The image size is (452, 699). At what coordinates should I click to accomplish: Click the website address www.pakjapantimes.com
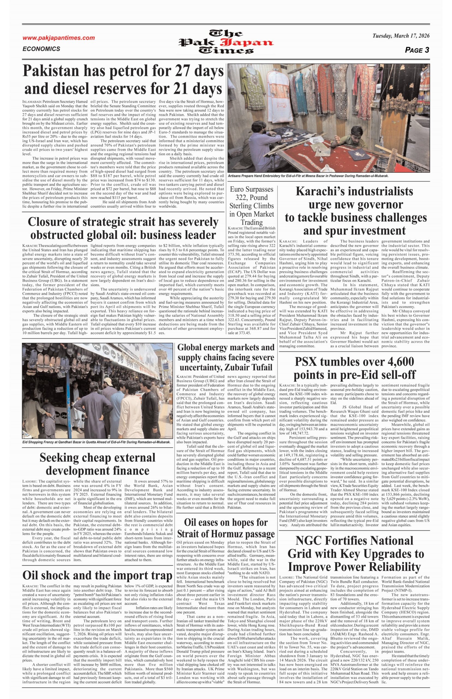[59, 38]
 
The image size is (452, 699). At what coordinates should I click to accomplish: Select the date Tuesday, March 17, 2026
[401, 36]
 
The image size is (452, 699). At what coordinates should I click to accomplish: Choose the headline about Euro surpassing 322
[252, 206]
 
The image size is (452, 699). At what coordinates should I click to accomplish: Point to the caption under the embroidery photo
[308, 176]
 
